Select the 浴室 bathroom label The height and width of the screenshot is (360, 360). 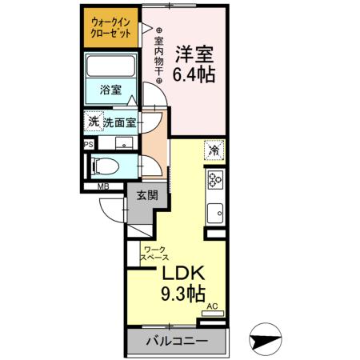point(110,90)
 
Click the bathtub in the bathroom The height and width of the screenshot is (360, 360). point(111,69)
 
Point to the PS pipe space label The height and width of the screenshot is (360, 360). point(89,144)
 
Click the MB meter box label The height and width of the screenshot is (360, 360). point(103,188)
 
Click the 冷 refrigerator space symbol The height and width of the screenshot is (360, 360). point(214,149)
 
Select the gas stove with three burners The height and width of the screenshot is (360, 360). point(214,180)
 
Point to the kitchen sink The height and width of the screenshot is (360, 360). point(214,213)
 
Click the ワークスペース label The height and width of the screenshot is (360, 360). point(155,254)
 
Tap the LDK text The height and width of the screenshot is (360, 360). point(186,274)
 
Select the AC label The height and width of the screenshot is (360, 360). point(213,306)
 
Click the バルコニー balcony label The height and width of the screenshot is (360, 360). point(176,342)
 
